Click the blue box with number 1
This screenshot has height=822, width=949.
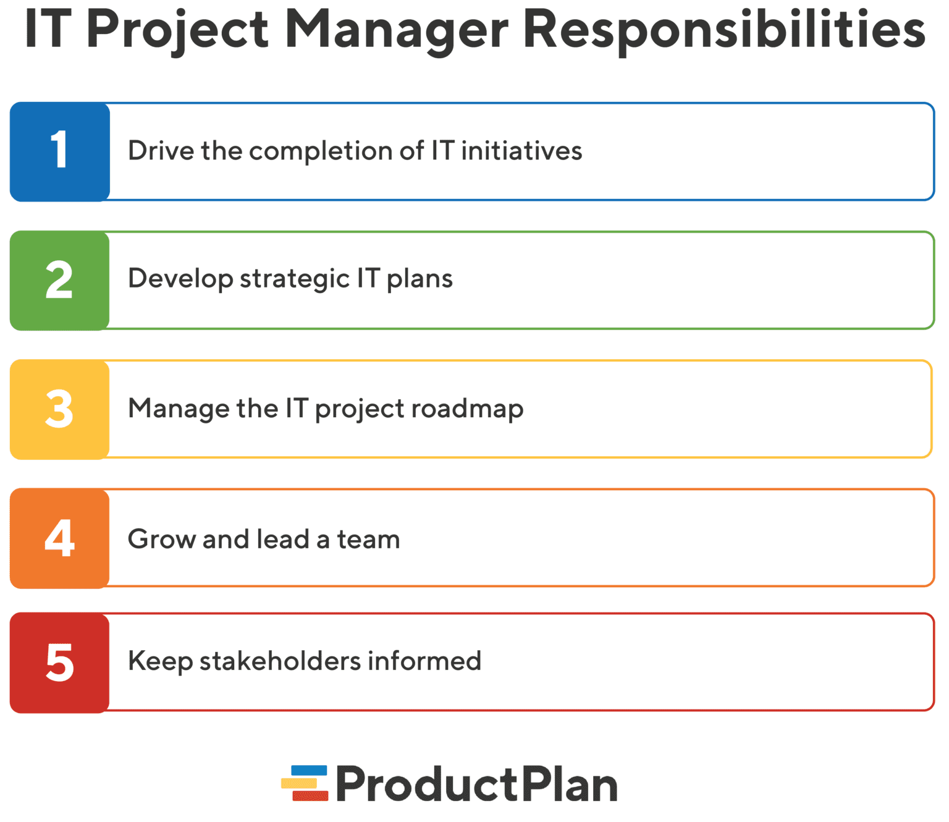[x=60, y=151]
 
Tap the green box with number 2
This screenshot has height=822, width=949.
[x=60, y=280]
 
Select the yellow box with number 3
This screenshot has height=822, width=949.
[x=60, y=409]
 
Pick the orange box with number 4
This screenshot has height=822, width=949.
[x=60, y=538]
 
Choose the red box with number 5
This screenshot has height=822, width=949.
[x=60, y=663]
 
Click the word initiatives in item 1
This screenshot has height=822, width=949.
[x=521, y=151]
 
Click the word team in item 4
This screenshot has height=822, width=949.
[x=368, y=540]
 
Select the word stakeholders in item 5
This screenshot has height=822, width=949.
[x=280, y=661]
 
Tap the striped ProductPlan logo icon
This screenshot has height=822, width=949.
[x=305, y=784]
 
